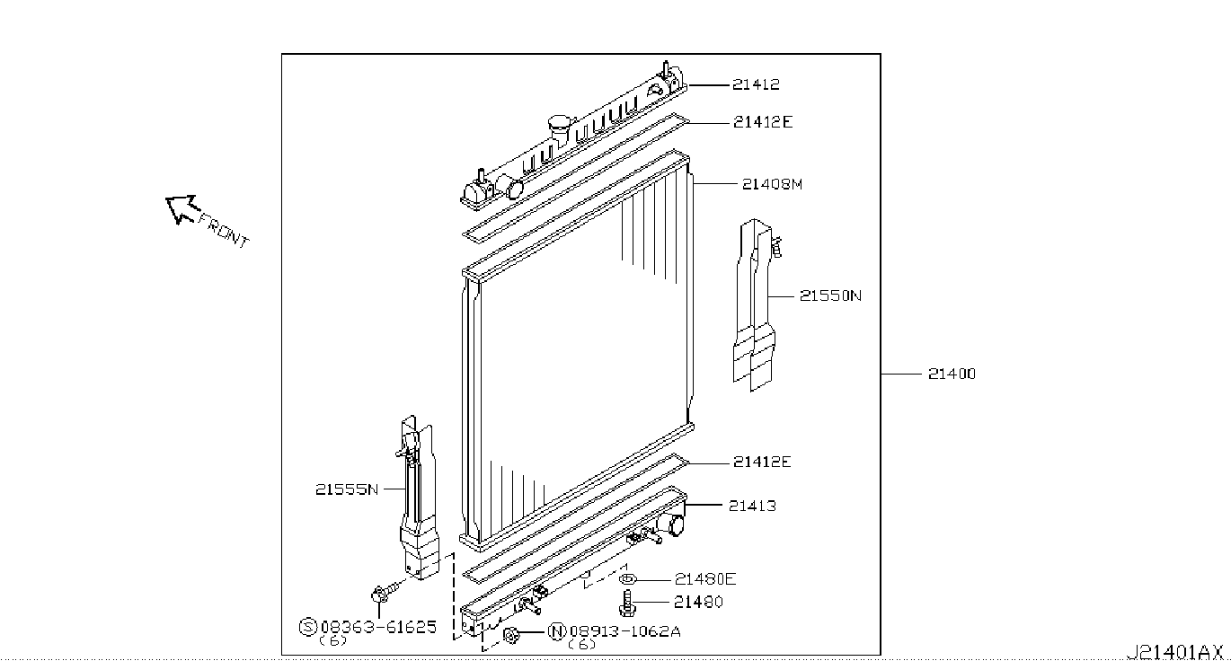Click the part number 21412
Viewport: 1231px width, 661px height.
[756, 84]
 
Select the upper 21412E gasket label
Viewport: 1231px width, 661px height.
[763, 122]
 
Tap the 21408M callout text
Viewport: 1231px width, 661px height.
[772, 184]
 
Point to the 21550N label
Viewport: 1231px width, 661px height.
[830, 295]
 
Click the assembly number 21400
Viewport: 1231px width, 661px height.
[952, 374]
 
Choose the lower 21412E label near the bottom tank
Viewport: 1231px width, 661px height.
[762, 463]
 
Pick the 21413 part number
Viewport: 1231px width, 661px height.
[752, 506]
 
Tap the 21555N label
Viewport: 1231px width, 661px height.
[347, 489]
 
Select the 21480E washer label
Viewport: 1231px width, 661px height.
[705, 579]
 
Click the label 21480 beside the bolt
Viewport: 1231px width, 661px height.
[698, 603]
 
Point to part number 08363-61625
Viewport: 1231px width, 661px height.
[378, 627]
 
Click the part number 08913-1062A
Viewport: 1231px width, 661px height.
[624, 632]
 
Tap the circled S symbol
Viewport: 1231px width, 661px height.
[307, 627]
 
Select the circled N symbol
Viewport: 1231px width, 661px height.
[557, 632]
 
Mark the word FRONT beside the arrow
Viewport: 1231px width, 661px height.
[224, 232]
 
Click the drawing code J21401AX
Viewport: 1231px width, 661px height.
[1173, 652]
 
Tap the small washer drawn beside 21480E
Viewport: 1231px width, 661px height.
[627, 579]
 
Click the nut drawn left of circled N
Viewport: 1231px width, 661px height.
[511, 635]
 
